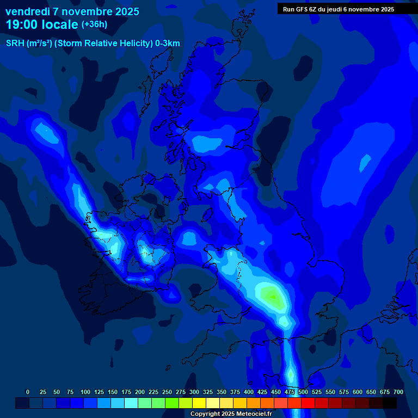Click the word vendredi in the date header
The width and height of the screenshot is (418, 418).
point(27,11)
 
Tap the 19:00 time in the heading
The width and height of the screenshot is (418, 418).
point(24,24)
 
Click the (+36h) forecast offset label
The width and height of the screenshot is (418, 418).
point(94,24)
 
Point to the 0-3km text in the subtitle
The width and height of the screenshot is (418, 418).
point(167,44)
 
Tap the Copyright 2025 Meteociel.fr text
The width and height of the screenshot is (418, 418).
point(231,414)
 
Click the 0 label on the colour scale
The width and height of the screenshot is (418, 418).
point(28,392)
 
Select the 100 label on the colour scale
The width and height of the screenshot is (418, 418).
point(85,392)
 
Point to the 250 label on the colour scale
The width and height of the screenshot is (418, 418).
point(167,392)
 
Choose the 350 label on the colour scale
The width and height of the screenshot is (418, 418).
point(221,392)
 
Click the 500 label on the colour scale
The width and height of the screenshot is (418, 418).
point(303,392)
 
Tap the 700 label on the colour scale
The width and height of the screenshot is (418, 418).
point(398,392)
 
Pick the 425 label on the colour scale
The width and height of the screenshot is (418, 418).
point(262,392)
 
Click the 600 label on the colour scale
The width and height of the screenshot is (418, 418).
point(357,392)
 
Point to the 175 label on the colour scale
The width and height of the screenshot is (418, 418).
point(126,392)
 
